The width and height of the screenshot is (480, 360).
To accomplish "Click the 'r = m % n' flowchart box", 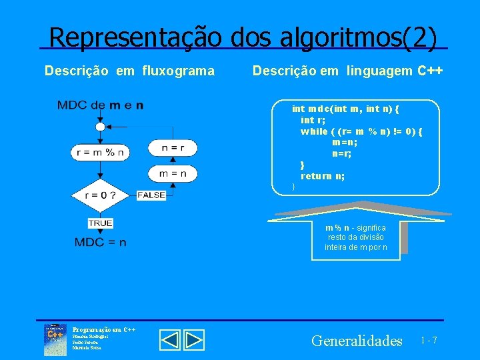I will (100, 152).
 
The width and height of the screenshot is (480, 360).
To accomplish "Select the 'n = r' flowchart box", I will (173, 147).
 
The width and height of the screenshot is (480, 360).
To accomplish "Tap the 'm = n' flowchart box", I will (173, 173).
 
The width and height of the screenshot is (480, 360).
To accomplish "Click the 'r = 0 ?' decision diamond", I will (100, 195).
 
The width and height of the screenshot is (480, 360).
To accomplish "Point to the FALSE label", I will (151, 195).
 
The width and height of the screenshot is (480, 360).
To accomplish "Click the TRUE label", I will (101, 223).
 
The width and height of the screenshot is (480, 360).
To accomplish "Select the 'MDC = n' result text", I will (101, 242).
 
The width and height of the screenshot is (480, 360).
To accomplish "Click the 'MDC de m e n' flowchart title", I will (100, 105).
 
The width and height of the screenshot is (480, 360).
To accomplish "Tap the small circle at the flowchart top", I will (100, 127).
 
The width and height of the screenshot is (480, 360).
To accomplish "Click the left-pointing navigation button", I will (171, 340).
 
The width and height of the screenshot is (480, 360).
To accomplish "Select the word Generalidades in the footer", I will (357, 341).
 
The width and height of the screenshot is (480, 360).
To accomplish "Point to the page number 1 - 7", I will (429, 341).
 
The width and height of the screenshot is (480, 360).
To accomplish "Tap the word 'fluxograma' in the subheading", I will (179, 70).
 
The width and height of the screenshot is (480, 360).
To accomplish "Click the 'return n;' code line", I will (323, 176).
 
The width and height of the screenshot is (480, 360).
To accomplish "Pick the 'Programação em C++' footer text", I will (104, 329).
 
